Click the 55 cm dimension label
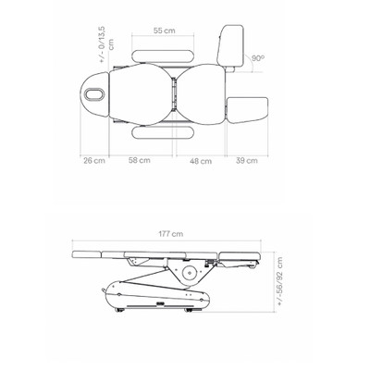164,31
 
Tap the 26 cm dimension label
94,161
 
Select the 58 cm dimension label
140,160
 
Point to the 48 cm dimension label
201,161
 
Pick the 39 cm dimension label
247,161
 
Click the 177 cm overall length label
171,234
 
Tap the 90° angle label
258,58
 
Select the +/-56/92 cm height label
279,281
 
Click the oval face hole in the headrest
95,94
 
